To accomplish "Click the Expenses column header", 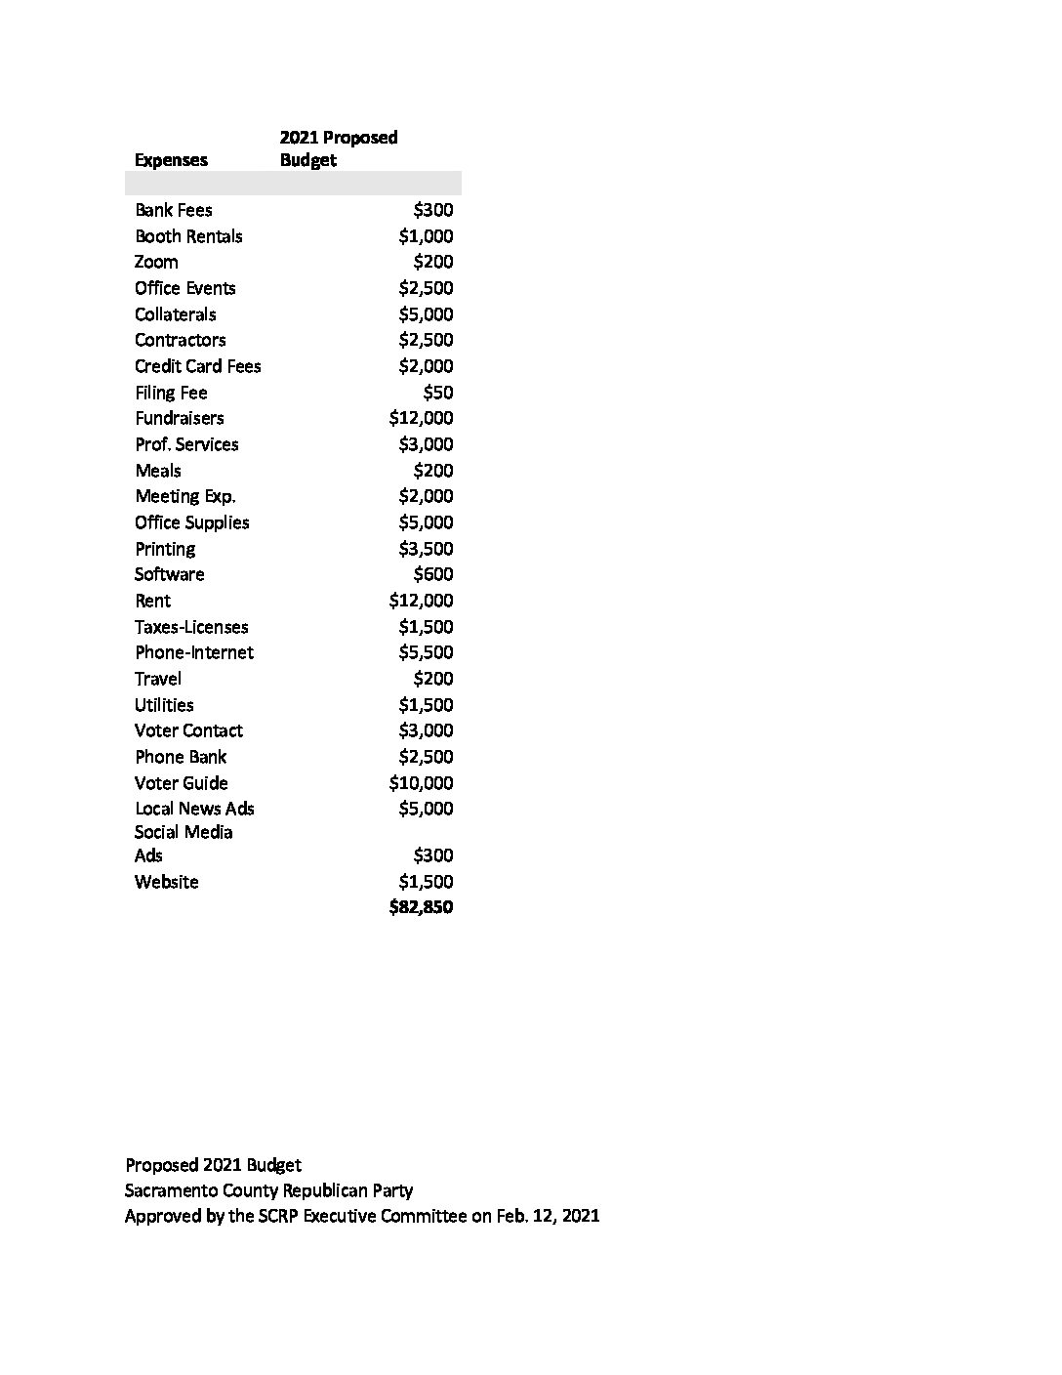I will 171,160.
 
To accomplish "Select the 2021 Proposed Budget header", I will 338,148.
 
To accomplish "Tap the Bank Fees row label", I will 174,210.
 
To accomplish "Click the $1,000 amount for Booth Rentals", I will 426,236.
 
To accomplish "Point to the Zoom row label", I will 156,262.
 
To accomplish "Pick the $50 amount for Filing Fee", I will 437,393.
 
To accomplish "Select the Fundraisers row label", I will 180,418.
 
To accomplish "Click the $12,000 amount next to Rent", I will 421,601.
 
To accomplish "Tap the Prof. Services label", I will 186,444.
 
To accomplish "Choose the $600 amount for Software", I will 432,574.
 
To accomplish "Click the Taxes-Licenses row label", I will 191,627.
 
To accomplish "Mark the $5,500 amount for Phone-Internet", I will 426,652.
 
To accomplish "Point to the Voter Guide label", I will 182,783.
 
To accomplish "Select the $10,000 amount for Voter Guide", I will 421,783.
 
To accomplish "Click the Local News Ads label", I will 194,809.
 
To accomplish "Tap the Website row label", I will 167,882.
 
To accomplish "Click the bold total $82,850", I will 421,907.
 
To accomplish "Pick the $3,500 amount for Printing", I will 426,549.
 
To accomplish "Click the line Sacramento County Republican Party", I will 268,1190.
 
